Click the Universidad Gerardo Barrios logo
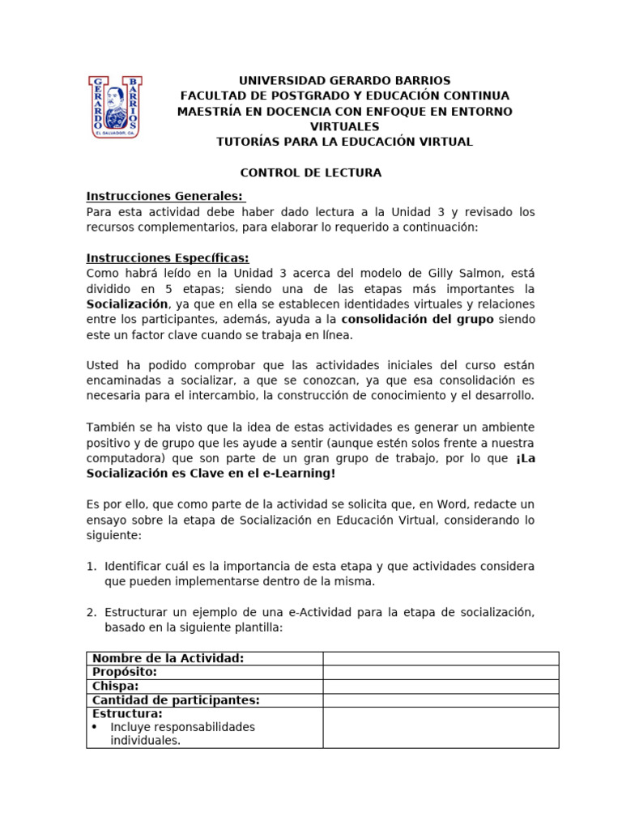[x=114, y=107]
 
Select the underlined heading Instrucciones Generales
[x=164, y=197]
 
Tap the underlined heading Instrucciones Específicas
[x=168, y=258]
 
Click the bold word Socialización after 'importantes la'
[x=127, y=304]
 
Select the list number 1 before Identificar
[x=92, y=566]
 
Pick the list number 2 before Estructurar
[x=92, y=613]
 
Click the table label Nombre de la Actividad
[x=168, y=658]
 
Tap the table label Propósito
[x=125, y=672]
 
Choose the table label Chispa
[x=115, y=687]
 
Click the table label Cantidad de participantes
[x=175, y=700]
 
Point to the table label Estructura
[x=127, y=714]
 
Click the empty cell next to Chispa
[x=441, y=687]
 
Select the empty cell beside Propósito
[x=441, y=672]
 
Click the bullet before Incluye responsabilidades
[x=96, y=727]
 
